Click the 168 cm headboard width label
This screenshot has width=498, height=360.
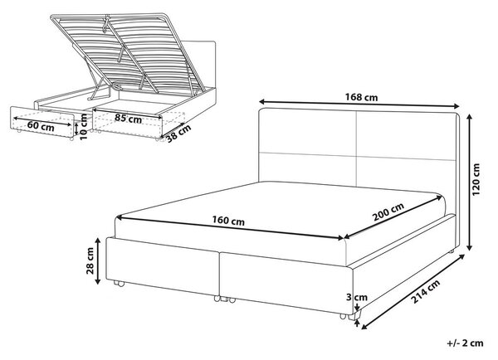pyautogui.click(x=361, y=97)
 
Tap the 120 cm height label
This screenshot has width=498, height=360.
pyautogui.click(x=476, y=180)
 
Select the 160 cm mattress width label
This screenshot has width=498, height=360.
pyautogui.click(x=228, y=221)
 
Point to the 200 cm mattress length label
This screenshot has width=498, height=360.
pyautogui.click(x=388, y=212)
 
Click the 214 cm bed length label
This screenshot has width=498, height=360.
pyautogui.click(x=425, y=291)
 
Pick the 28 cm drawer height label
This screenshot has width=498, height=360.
pyautogui.click(x=90, y=260)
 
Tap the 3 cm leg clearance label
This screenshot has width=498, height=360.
pyautogui.click(x=356, y=298)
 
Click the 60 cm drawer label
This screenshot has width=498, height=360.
pyautogui.click(x=41, y=126)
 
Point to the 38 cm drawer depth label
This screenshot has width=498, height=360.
pyautogui.click(x=178, y=134)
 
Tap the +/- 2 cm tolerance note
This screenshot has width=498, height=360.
pyautogui.click(x=466, y=343)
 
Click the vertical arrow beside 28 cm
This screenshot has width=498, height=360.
pyautogui.click(x=98, y=261)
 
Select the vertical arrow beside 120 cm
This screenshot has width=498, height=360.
pyautogui.click(x=470, y=182)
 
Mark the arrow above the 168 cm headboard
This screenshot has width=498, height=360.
pyautogui.click(x=359, y=104)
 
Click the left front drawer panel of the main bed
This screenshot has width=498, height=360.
pyautogui.click(x=163, y=266)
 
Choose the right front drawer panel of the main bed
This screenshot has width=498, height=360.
pyautogui.click(x=286, y=281)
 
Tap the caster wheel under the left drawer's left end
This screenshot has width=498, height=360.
pyautogui.click(x=119, y=284)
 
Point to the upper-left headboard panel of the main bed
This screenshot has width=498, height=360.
pyautogui.click(x=307, y=131)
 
